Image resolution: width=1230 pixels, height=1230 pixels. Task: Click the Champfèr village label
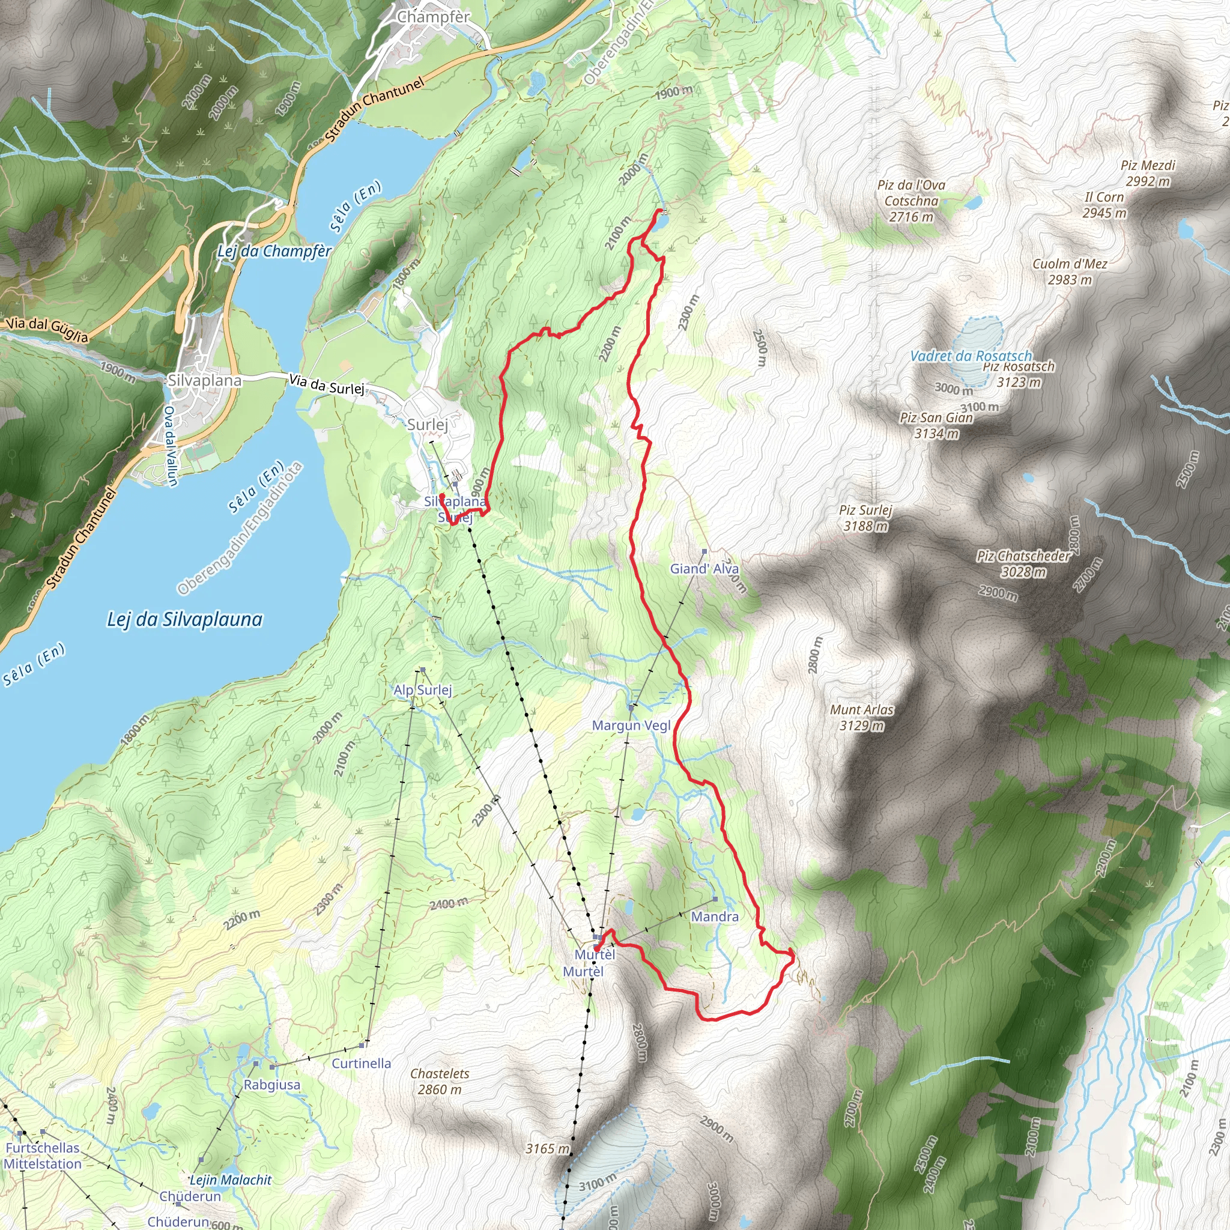(433, 17)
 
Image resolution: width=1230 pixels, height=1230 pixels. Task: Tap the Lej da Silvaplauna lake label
(184, 619)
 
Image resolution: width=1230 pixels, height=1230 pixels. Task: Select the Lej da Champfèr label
(274, 251)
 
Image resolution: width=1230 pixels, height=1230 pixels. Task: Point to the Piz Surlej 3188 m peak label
(865, 518)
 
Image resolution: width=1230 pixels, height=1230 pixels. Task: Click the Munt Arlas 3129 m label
(861, 718)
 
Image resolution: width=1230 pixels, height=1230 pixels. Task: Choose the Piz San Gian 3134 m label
(936, 425)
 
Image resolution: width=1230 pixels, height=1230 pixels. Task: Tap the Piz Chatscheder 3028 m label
(1024, 563)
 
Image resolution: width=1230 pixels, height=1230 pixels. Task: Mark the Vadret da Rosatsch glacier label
(971, 356)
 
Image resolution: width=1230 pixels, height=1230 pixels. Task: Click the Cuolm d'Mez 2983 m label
(1070, 272)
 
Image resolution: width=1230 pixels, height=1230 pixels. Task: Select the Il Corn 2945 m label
(1104, 205)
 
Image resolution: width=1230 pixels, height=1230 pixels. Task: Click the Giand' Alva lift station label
(704, 569)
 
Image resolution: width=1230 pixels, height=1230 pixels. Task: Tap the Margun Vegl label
(631, 725)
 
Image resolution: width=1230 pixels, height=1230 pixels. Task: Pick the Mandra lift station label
(714, 916)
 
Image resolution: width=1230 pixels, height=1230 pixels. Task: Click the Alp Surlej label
(423, 689)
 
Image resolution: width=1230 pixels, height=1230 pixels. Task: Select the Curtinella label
(361, 1062)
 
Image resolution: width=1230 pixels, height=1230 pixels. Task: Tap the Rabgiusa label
(272, 1084)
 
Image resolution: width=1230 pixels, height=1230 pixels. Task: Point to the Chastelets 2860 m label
(439, 1081)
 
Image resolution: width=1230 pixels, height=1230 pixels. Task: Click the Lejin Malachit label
(231, 1180)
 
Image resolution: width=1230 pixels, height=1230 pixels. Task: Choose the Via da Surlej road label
(327, 384)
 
